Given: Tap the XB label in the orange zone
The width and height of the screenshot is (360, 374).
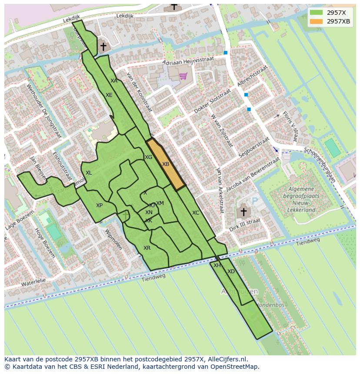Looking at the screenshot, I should [166, 164].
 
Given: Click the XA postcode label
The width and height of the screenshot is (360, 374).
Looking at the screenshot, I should [114, 81].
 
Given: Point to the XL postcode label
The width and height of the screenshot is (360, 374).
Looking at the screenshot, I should [89, 173].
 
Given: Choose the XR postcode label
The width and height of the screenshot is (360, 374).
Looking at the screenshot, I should [147, 248].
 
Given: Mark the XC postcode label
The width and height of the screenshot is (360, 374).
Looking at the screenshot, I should [196, 213].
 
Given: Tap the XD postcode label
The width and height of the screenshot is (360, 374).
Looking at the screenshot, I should [231, 271].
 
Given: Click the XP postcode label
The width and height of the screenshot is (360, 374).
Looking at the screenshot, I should [100, 205].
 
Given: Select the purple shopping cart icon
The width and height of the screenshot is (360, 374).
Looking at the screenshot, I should [183, 76].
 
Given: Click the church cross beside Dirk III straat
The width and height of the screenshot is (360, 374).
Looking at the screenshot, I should [243, 212].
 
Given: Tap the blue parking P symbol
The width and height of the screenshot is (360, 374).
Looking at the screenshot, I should [255, 201].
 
